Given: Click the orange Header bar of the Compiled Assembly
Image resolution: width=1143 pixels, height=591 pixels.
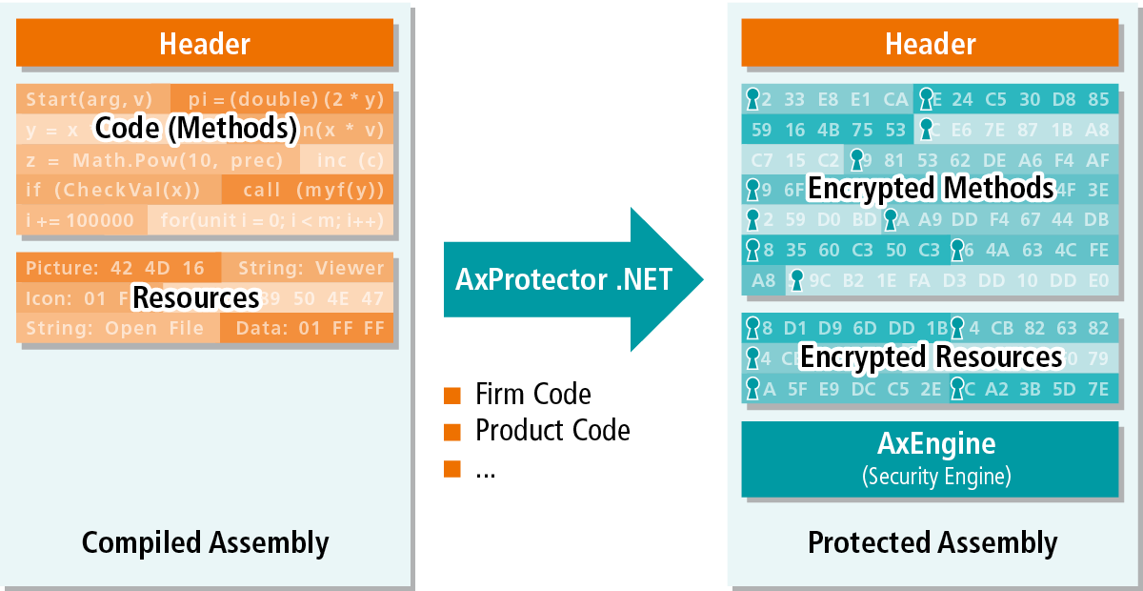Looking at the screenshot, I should [x=205, y=43].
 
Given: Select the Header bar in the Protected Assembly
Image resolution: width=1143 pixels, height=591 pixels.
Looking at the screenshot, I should [x=930, y=43].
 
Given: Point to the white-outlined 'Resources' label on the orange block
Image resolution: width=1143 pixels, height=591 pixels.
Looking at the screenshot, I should [x=195, y=298].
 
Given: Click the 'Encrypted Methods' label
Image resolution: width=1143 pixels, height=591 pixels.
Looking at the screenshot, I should [x=931, y=188].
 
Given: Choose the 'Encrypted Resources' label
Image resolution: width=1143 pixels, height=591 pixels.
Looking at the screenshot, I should [x=931, y=357].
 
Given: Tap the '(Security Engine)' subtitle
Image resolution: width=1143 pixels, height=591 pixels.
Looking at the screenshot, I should [x=936, y=475].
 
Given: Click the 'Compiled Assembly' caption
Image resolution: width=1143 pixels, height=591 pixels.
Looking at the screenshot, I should [x=205, y=542].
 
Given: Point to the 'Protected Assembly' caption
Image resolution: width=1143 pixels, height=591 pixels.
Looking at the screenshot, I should [x=932, y=542].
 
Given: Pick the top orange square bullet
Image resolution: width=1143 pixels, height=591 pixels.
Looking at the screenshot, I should [x=452, y=396].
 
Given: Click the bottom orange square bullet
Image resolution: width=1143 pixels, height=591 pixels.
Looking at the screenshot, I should [x=452, y=468].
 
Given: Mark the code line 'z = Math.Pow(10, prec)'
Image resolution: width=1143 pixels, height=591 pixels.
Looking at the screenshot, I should [x=154, y=160].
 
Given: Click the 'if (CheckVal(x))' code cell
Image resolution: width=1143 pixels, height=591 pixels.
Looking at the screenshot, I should [x=113, y=191].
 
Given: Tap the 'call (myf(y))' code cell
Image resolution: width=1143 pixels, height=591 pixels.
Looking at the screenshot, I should [x=307, y=191].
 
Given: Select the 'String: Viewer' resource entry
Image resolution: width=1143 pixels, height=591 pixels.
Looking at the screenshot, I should [x=311, y=268].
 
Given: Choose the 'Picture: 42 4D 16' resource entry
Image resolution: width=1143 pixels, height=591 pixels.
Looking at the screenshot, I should [x=115, y=268].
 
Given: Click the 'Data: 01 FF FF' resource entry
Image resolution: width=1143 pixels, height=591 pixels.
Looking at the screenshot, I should [x=307, y=328].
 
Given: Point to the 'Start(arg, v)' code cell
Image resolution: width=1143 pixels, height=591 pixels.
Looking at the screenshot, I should [x=90, y=99].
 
